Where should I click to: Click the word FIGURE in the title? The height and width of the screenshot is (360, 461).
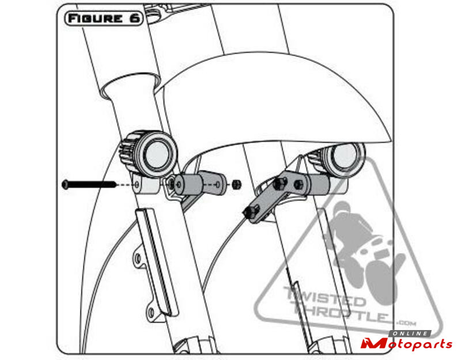[x=95, y=19]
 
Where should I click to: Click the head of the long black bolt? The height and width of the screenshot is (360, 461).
[x=65, y=184]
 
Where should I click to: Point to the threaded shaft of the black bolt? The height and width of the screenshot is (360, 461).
[x=92, y=184]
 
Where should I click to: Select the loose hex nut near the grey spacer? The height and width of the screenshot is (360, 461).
[x=237, y=184]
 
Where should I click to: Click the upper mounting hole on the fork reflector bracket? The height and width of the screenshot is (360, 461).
[x=138, y=259]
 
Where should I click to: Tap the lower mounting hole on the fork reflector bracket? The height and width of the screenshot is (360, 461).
[x=151, y=312]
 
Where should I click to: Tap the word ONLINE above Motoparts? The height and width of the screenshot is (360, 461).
[x=410, y=334]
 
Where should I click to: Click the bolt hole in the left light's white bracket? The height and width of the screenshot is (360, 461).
[x=137, y=184]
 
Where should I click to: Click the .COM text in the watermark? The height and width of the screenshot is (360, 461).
[x=407, y=323]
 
